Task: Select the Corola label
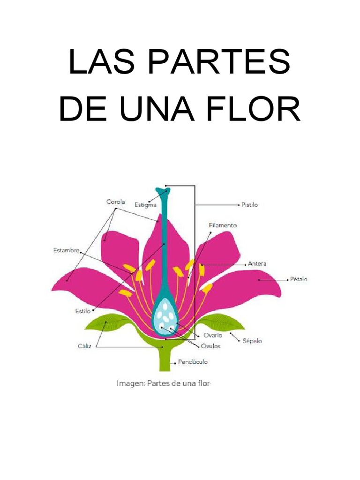click(x=115, y=202)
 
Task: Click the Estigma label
click(x=145, y=204)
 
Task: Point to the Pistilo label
click(x=249, y=205)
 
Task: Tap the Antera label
click(x=257, y=264)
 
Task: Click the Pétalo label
click(x=299, y=279)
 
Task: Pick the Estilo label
click(x=82, y=310)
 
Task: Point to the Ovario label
click(x=212, y=335)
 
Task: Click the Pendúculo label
click(x=193, y=362)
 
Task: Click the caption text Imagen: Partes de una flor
click(x=164, y=383)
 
